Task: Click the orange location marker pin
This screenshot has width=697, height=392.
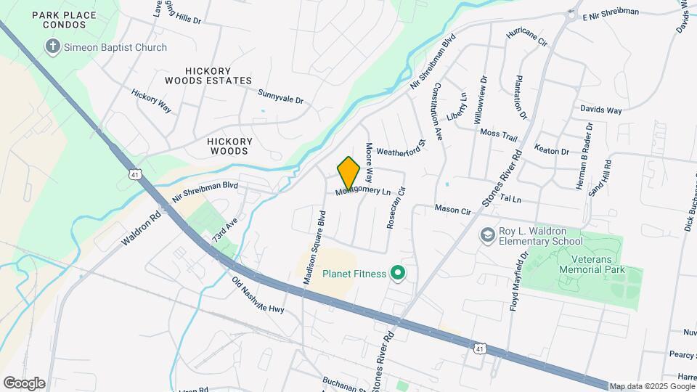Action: click(x=349, y=173)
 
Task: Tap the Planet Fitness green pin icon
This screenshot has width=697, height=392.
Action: click(x=397, y=273)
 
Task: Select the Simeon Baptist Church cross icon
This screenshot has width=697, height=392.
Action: click(x=52, y=47)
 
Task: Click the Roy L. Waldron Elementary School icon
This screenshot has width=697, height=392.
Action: click(x=486, y=236)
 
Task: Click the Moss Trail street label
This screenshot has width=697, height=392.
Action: click(x=499, y=134)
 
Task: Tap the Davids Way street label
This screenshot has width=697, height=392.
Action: click(x=600, y=110)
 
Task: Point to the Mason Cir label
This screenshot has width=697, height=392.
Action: click(x=452, y=209)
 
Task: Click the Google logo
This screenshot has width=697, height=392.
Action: click(x=25, y=383)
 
